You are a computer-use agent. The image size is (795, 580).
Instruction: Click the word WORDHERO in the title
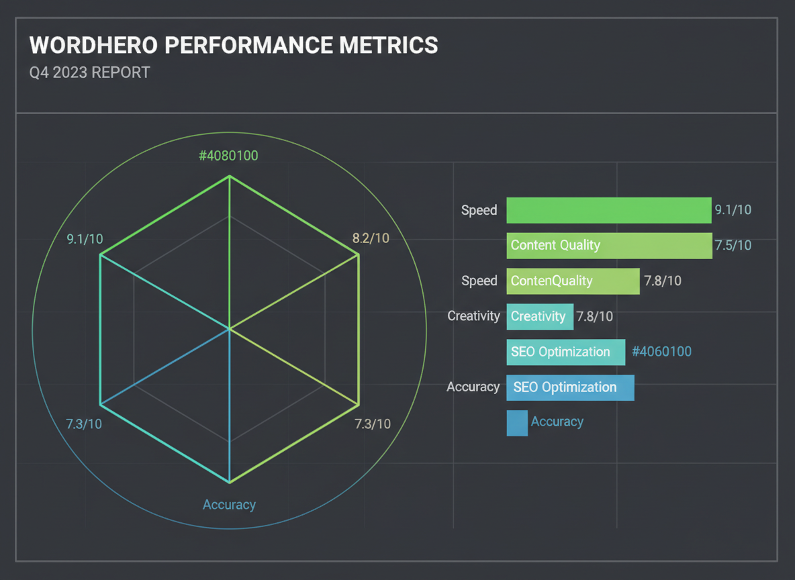pos(92,45)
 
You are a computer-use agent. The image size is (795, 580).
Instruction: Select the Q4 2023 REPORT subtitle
pos(89,72)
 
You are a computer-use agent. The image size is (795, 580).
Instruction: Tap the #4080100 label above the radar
pos(228,156)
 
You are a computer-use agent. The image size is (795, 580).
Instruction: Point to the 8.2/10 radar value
pos(371,238)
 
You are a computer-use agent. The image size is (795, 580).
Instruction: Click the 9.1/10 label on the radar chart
pos(85,238)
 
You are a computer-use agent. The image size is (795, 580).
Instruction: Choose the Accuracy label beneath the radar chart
pos(229,505)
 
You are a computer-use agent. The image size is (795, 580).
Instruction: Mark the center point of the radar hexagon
pos(230,329)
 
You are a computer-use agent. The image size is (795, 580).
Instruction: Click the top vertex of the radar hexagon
pos(230,177)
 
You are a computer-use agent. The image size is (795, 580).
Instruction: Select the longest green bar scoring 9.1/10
pos(608,210)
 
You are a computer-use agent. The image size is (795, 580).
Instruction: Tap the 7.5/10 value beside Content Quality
pos(733,245)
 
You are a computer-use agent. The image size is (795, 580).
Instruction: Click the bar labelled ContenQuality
pos(573,281)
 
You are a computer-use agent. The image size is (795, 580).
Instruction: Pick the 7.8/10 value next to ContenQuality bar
pos(663,281)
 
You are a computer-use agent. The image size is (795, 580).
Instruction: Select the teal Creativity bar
pos(540,316)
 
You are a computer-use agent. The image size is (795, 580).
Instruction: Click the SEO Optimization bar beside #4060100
pos(565,352)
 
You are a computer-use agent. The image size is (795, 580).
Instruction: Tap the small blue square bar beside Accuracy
pos(517,423)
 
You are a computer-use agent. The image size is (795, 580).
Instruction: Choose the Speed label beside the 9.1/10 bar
pos(479,210)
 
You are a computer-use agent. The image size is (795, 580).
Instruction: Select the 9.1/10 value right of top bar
pos(733,210)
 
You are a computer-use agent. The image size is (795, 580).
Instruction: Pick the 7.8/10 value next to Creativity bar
pos(594,316)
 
